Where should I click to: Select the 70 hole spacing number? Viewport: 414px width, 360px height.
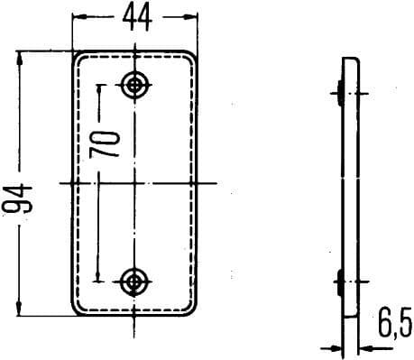[109, 144]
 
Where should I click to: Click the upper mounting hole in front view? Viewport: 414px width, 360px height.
[135, 85]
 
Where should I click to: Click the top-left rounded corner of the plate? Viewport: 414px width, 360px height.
[78, 56]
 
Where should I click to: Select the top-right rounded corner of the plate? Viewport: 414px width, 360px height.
[193, 56]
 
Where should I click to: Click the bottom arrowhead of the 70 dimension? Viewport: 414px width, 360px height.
[101, 277]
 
